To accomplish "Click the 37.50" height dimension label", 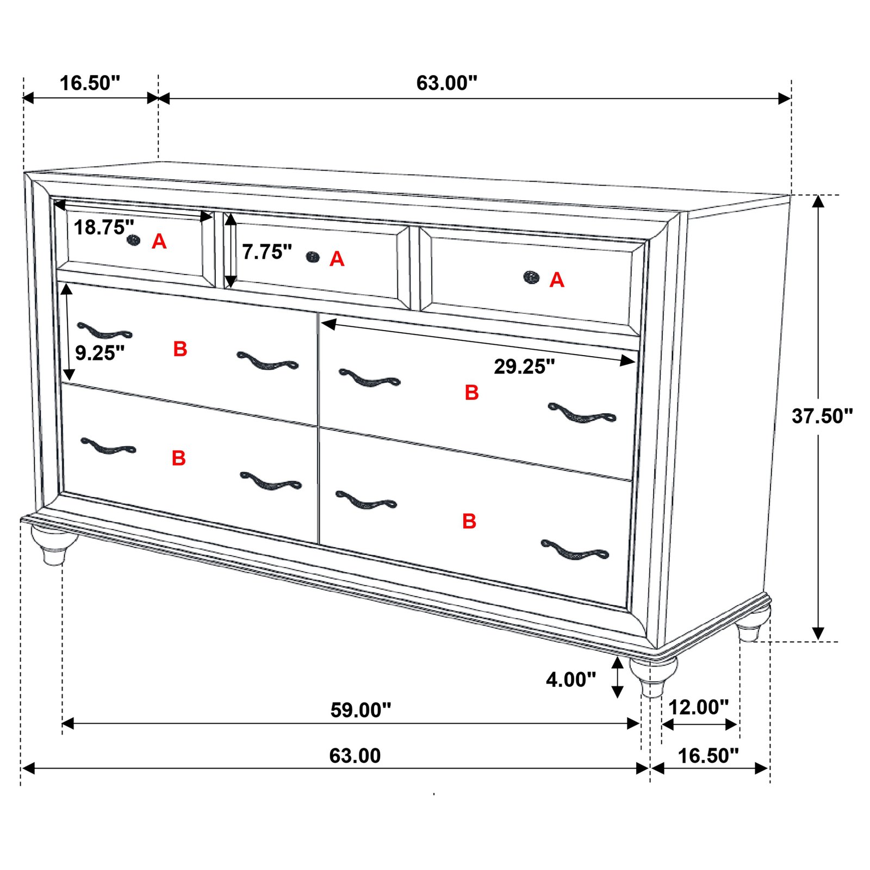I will point(822,417).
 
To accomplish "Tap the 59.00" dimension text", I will point(361,710).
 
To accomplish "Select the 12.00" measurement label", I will point(698,707).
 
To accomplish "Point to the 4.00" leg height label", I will point(570,680).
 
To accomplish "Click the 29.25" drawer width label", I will point(524,367).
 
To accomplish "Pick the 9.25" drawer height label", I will point(100,353).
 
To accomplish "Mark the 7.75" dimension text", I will point(266,252).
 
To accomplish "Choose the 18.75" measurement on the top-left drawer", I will point(103,227).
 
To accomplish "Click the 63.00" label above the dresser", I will point(446,83).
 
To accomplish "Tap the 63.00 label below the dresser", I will point(355,756).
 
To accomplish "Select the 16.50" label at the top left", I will point(90,84).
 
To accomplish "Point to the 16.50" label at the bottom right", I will point(708,756).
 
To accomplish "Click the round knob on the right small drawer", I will point(531,277).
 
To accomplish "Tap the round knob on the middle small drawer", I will point(313,257).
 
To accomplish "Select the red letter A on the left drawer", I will point(159,241).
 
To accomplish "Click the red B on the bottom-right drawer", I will point(469,521).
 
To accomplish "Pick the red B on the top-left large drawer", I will point(180,349).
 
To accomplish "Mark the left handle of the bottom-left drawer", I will point(108,446).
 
